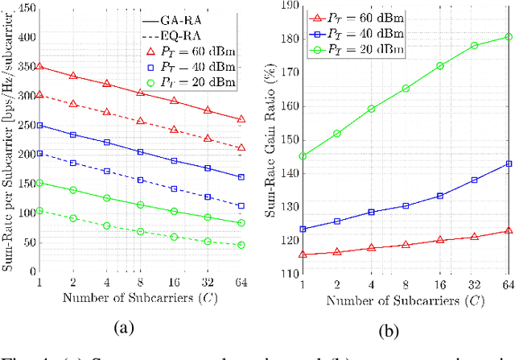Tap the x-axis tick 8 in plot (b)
(405, 284)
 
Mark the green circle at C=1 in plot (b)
(302, 156)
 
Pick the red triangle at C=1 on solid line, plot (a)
(40, 67)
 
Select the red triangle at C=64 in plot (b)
(508, 230)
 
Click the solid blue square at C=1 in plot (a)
(40, 126)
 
